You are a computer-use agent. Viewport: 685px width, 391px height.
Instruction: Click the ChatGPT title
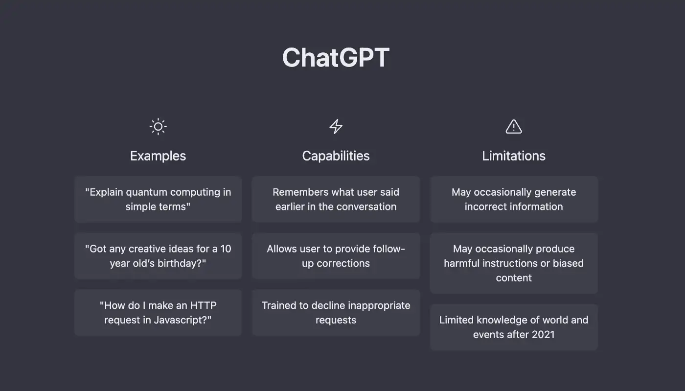(336, 57)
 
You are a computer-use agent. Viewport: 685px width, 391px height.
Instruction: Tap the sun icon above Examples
(158, 126)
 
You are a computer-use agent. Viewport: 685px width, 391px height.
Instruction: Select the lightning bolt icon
(336, 126)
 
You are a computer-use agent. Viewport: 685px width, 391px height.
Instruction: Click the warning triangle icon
(514, 127)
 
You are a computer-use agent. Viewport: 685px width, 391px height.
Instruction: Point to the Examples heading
(158, 156)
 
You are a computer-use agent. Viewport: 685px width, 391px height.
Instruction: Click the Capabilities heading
(336, 156)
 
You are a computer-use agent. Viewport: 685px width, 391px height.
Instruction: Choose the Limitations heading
(514, 156)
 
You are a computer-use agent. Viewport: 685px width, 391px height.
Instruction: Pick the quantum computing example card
(158, 199)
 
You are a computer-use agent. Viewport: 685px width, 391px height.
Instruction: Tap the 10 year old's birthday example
(158, 256)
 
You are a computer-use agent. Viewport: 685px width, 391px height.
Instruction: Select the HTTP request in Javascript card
(158, 312)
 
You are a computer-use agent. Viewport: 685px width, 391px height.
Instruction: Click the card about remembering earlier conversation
(336, 199)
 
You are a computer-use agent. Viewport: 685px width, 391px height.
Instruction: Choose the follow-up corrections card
(336, 256)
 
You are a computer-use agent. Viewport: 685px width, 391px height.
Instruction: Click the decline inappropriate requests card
(336, 312)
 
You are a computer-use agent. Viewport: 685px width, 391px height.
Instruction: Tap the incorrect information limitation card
(514, 199)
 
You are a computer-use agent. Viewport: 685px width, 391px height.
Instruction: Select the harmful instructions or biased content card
(514, 263)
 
